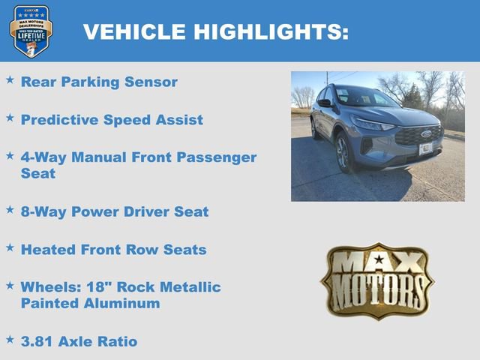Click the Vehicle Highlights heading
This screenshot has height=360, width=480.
tap(215, 31)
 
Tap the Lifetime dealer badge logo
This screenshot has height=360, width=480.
tap(31, 31)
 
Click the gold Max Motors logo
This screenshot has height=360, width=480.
tap(377, 280)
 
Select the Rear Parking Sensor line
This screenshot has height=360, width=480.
tap(99, 82)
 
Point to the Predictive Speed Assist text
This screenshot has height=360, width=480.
tap(112, 119)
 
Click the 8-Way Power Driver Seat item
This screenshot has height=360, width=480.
tap(115, 211)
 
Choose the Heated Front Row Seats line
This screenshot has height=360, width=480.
tap(113, 249)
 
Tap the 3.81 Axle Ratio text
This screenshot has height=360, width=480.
tap(79, 341)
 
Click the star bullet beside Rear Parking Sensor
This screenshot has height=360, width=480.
tap(10, 79)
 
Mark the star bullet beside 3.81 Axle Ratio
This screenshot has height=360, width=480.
tap(10, 338)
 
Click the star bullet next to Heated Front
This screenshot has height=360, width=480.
tap(10, 246)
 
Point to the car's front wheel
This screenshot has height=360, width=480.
tap(343, 152)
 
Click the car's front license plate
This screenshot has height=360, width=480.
tap(425, 148)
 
